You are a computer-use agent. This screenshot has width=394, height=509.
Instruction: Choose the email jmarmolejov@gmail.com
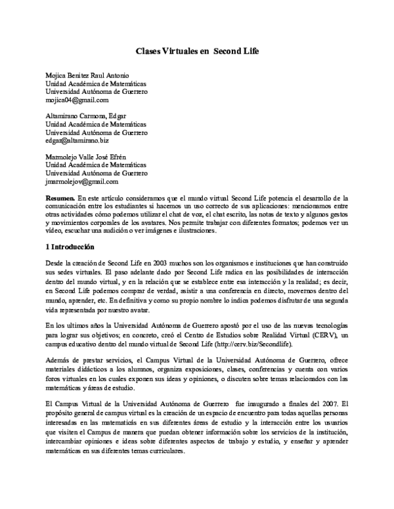[x=81, y=181]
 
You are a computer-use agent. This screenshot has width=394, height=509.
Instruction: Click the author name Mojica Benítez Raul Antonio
[x=87, y=75]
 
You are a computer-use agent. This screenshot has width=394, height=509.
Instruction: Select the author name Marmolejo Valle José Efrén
[x=85, y=157]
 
